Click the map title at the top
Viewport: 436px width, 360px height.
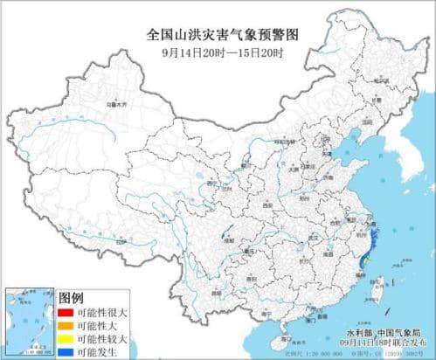(218, 34)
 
